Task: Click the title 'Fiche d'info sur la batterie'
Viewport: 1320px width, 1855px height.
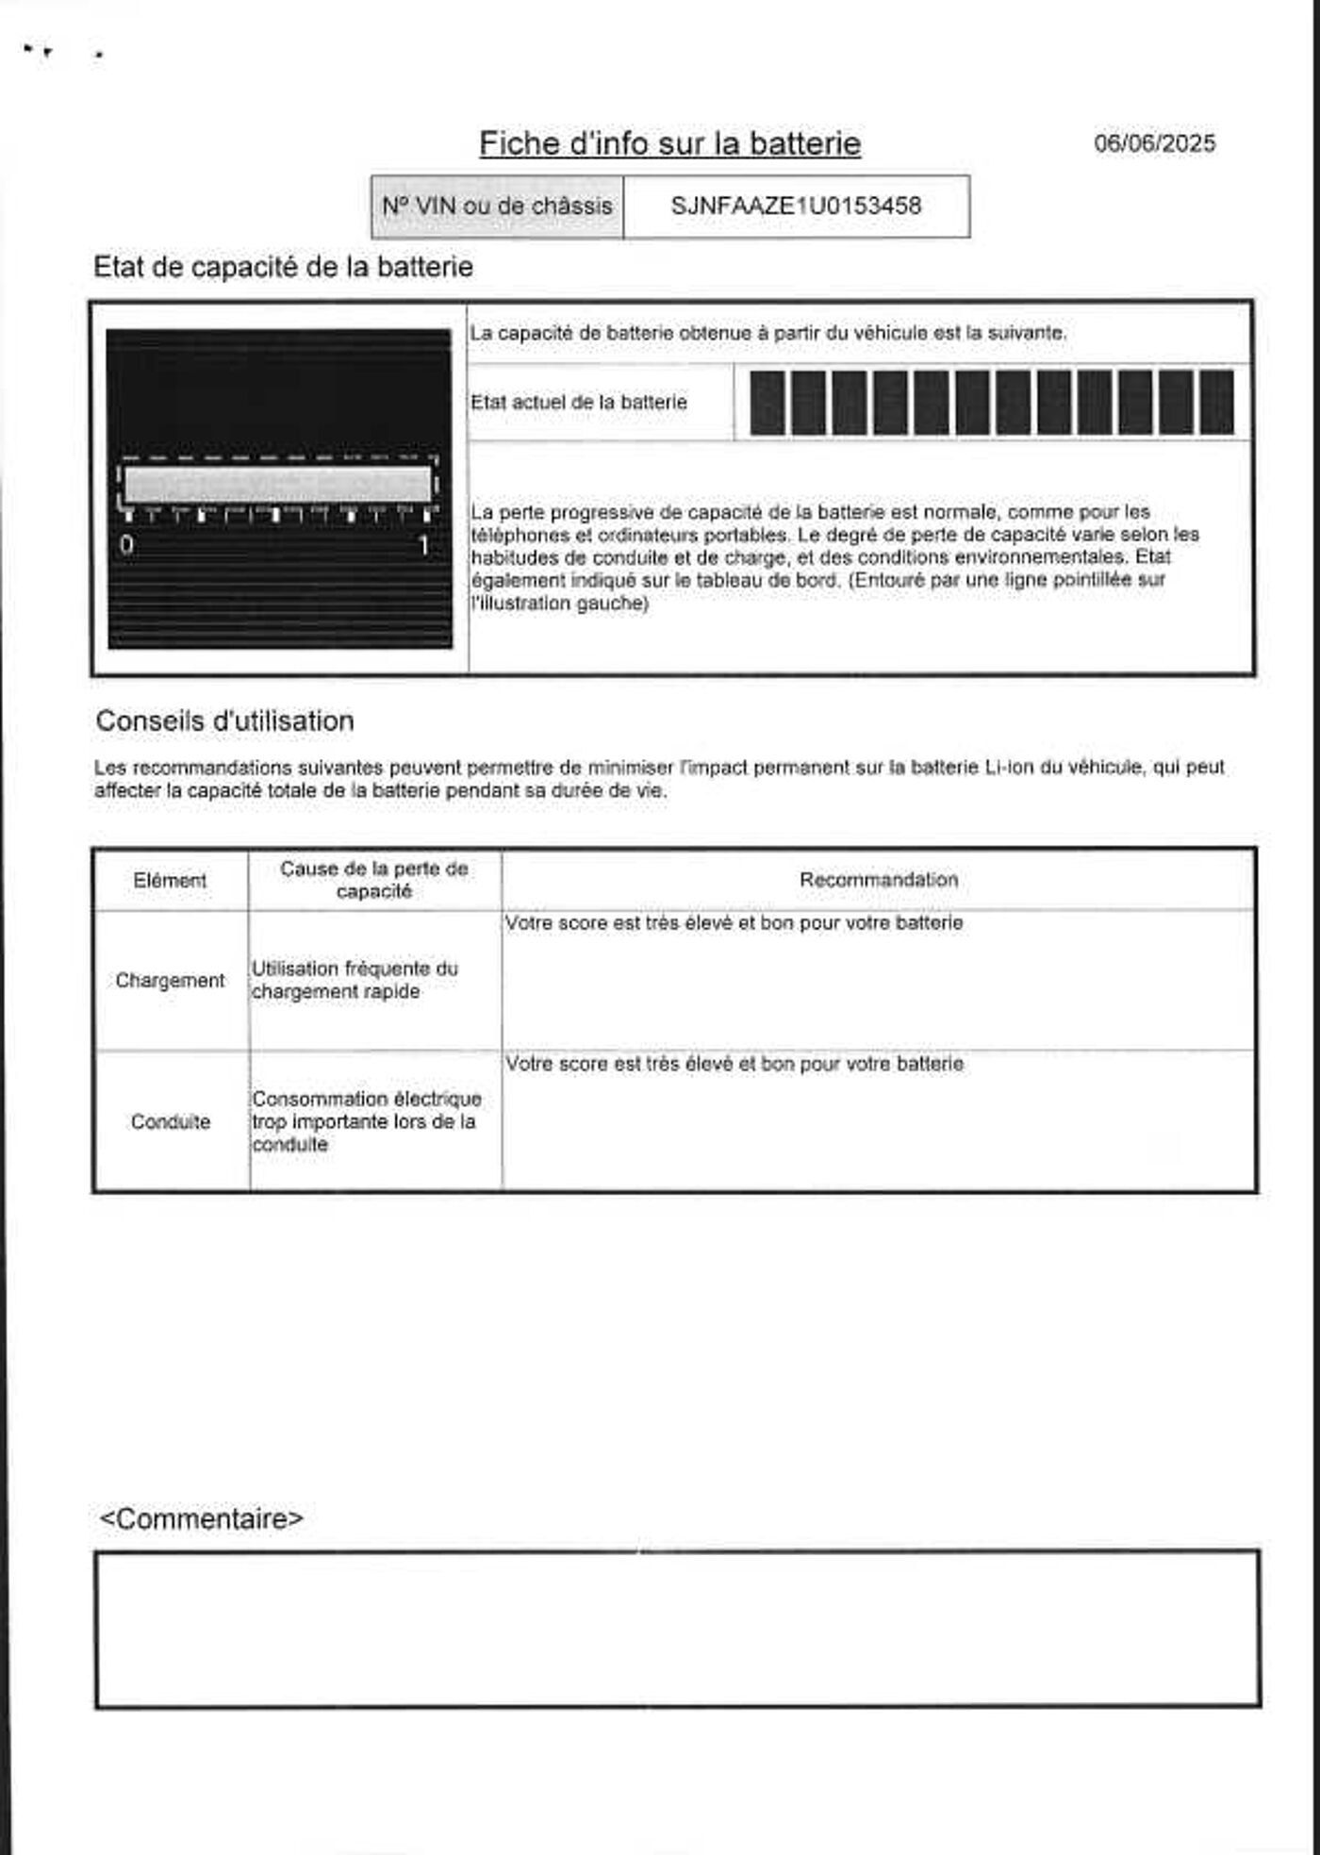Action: pyautogui.click(x=669, y=143)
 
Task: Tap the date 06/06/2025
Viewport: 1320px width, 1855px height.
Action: pyautogui.click(x=1154, y=143)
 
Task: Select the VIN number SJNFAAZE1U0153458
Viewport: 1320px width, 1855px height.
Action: pyautogui.click(x=796, y=206)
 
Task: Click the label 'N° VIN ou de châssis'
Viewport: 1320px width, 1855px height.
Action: pyautogui.click(x=497, y=206)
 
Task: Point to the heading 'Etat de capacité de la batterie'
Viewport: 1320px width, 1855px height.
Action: pyautogui.click(x=283, y=267)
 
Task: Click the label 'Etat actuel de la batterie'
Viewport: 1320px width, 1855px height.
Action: pyautogui.click(x=579, y=403)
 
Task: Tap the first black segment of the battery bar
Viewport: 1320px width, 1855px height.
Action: pyautogui.click(x=767, y=403)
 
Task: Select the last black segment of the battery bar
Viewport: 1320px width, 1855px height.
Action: pyautogui.click(x=1216, y=403)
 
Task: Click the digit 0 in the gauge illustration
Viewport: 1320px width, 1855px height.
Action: pyautogui.click(x=127, y=545)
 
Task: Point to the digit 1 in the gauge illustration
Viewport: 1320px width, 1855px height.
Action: pyautogui.click(x=424, y=545)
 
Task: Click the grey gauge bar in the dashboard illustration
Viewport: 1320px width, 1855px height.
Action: pyautogui.click(x=277, y=484)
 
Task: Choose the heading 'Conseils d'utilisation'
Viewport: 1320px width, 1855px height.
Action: pyautogui.click(x=224, y=721)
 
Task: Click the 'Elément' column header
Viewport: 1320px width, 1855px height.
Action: pyautogui.click(x=170, y=881)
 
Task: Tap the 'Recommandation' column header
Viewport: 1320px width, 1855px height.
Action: pyautogui.click(x=879, y=880)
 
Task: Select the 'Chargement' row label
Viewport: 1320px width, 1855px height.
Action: pyautogui.click(x=170, y=981)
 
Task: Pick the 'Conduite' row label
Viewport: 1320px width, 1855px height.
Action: pyautogui.click(x=170, y=1122)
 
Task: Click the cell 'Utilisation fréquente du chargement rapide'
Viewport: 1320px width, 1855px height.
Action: pyautogui.click(x=355, y=980)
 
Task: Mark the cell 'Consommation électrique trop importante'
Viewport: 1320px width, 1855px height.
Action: pyautogui.click(x=366, y=1121)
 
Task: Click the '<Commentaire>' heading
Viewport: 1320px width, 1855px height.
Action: pyautogui.click(x=202, y=1519)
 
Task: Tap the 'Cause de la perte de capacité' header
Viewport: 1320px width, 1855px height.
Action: pyautogui.click(x=374, y=880)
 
